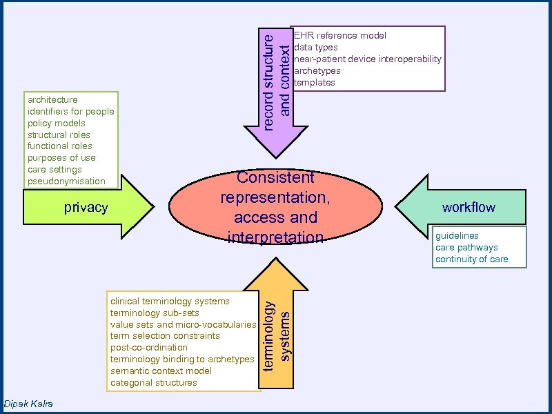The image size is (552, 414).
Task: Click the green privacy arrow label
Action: (86, 208)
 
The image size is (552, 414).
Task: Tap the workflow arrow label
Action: (469, 207)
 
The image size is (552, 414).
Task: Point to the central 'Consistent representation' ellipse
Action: (275, 207)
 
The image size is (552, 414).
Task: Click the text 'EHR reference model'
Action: (340, 35)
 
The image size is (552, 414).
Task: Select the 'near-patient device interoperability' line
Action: (368, 59)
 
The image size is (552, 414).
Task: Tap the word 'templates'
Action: (315, 82)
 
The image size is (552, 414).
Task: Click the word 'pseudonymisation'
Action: (66, 181)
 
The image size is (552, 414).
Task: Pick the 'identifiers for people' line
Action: (70, 111)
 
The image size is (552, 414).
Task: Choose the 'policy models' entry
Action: (57, 123)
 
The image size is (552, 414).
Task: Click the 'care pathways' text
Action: (466, 247)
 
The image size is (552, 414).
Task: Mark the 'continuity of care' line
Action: (471, 259)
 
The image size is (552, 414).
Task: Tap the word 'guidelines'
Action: (457, 235)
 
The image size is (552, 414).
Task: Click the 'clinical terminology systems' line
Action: (170, 301)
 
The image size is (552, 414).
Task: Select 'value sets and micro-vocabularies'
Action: (183, 324)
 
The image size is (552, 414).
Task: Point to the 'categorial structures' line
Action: (153, 382)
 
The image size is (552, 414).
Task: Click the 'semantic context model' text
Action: (161, 371)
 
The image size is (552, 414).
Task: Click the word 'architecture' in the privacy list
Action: (52, 99)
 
